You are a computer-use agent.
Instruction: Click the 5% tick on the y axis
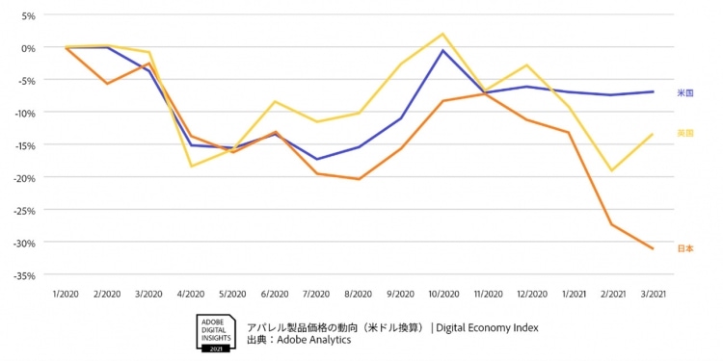28,16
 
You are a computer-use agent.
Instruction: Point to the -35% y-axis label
24,275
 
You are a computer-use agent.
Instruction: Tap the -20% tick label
24,178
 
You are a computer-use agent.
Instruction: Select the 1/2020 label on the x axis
66,293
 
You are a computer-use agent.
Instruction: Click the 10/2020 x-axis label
442,293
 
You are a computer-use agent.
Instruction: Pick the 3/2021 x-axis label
653,293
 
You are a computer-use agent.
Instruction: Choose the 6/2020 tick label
275,293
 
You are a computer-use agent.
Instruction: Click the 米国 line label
685,93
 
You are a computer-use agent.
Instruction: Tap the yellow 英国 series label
685,133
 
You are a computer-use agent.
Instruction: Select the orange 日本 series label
685,248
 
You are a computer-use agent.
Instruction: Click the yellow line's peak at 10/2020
442,34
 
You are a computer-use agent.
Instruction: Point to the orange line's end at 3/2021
653,248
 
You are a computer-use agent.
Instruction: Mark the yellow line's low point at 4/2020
191,167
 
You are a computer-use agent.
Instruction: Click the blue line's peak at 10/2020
442,50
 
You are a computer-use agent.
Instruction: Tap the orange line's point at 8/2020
359,179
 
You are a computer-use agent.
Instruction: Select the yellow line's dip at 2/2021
611,170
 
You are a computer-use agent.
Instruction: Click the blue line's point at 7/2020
317,159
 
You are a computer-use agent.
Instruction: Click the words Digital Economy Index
487,327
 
